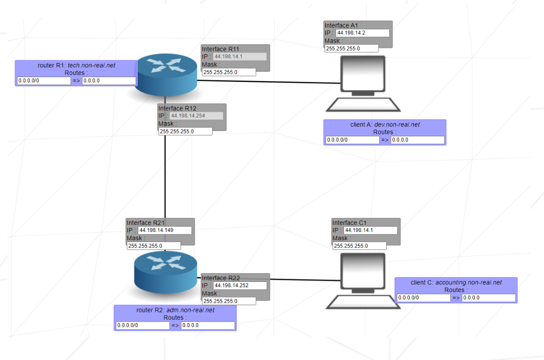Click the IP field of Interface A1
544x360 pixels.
click(x=363, y=33)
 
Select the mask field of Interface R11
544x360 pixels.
click(x=229, y=72)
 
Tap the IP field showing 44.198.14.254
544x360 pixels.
click(x=197, y=116)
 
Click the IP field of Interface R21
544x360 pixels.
click(x=165, y=230)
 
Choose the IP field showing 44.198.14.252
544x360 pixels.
click(x=240, y=285)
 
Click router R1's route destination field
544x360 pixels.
click(x=44, y=81)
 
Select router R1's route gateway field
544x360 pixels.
click(x=109, y=81)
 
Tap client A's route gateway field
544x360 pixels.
click(x=417, y=140)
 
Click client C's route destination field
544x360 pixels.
click(x=424, y=298)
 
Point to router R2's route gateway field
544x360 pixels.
click(x=208, y=326)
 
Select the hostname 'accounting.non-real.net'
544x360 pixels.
click(x=468, y=282)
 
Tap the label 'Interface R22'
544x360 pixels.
click(x=221, y=278)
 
